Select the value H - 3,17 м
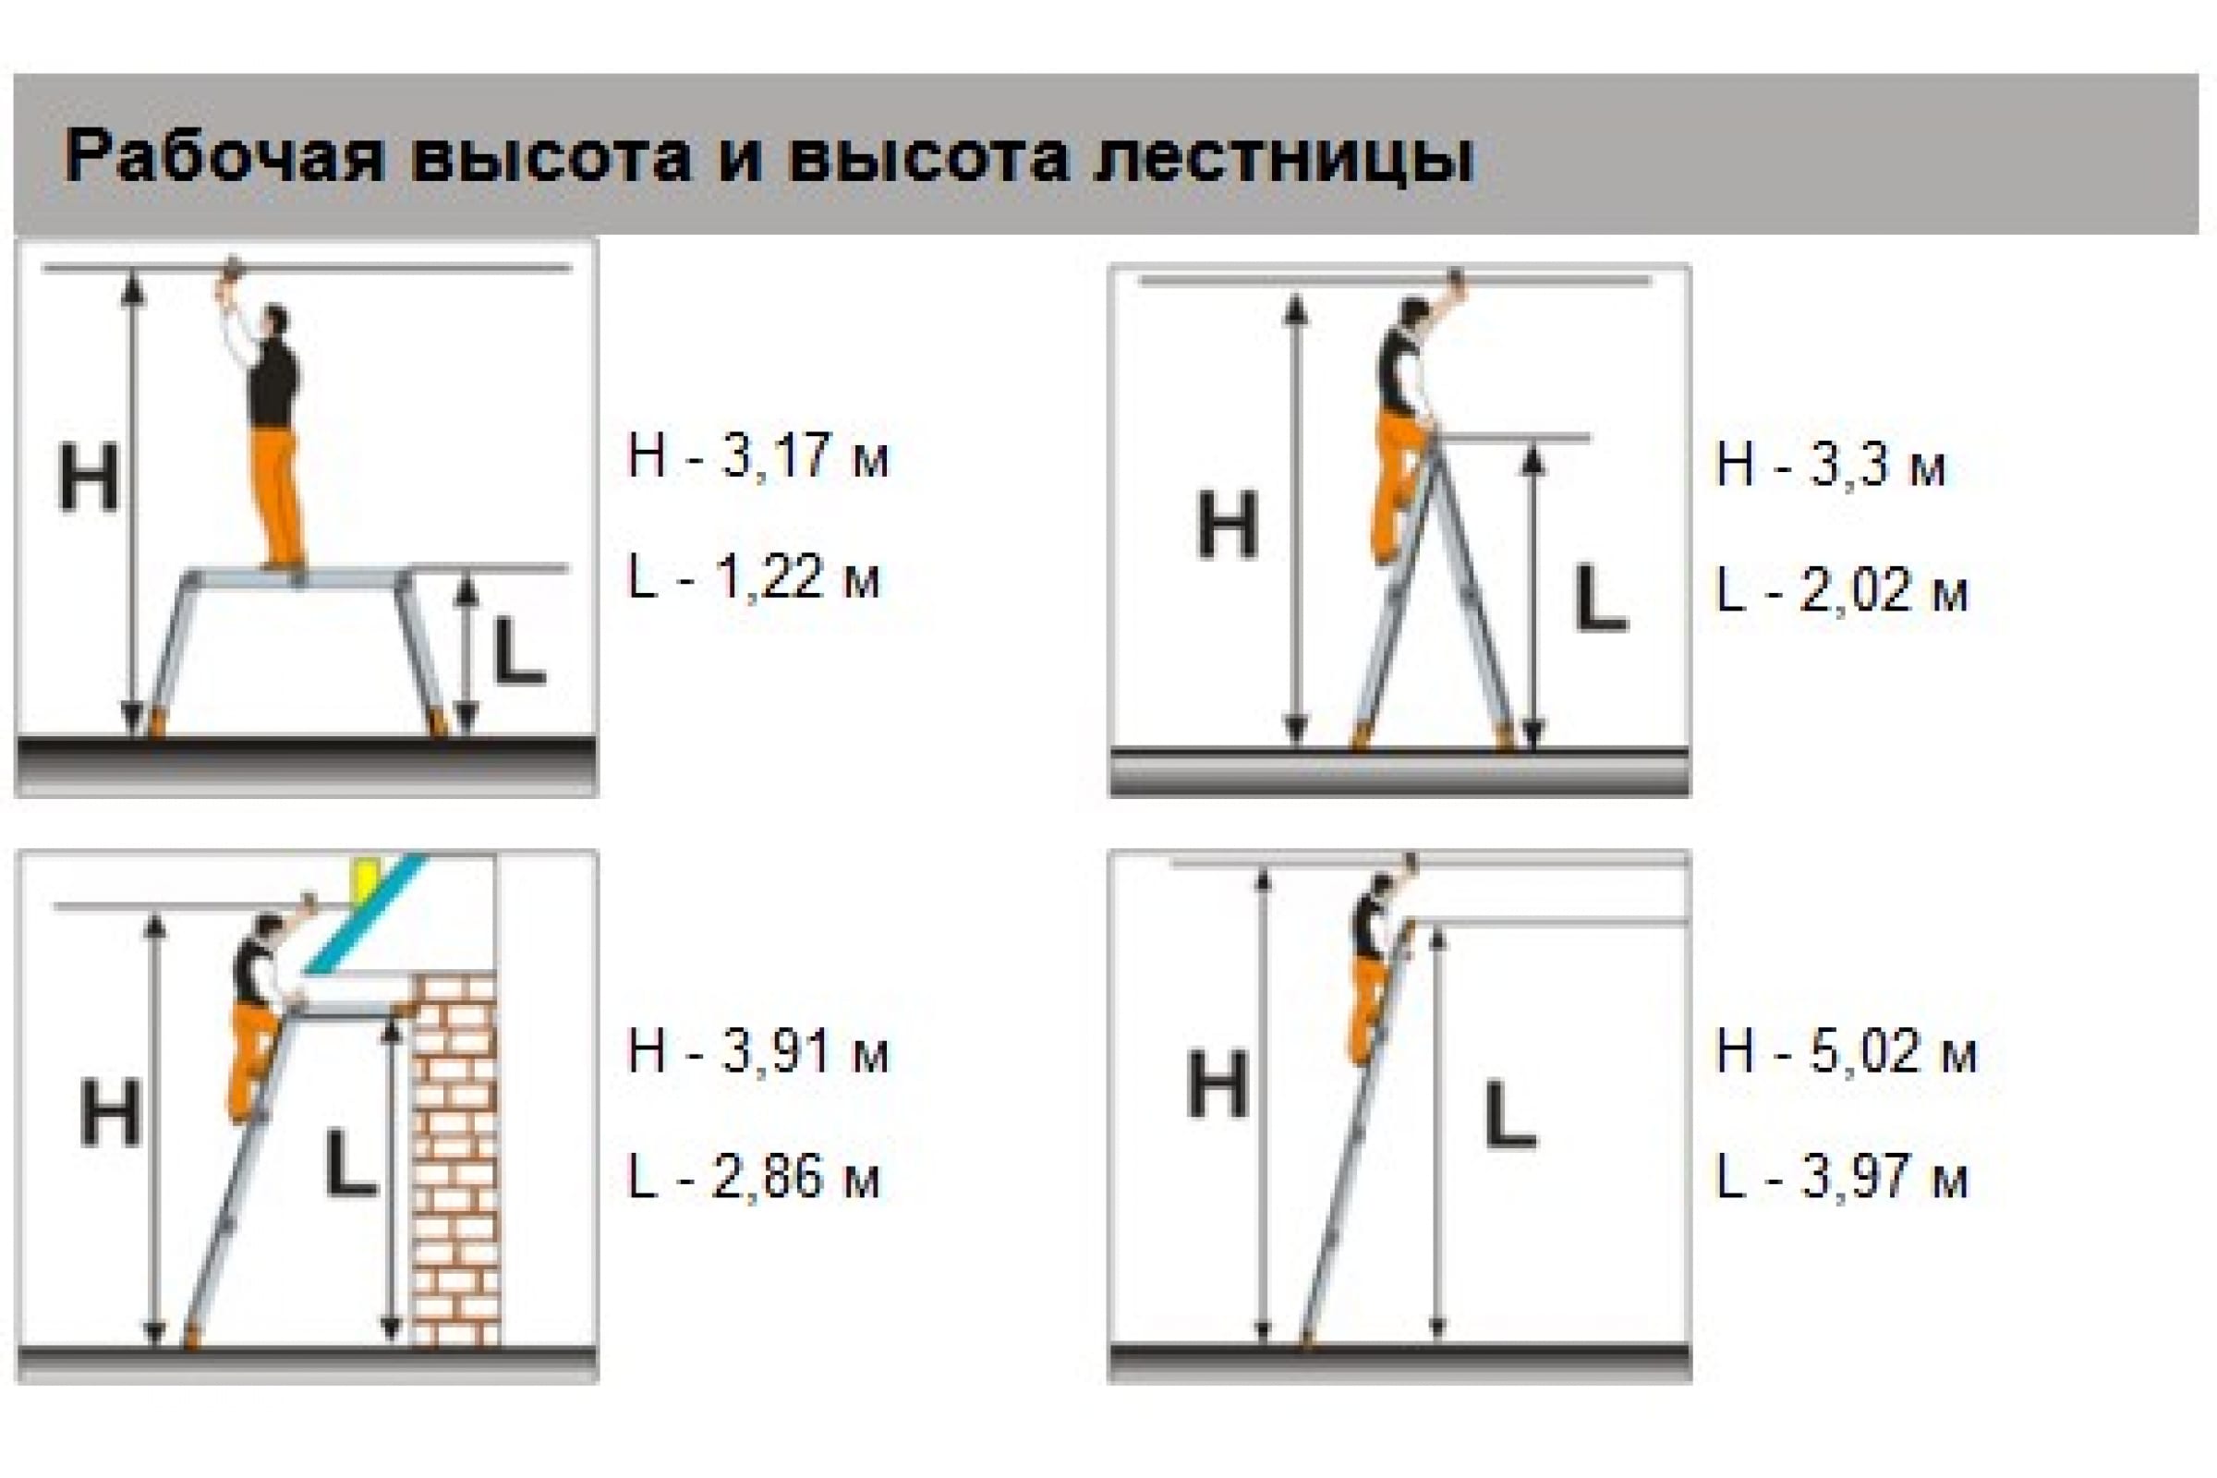point(758,456)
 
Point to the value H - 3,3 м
point(1832,466)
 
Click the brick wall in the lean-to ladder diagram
point(455,1158)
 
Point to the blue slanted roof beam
point(364,915)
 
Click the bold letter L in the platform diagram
point(519,649)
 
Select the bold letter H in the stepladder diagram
point(1228,524)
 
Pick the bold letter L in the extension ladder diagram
point(1509,1116)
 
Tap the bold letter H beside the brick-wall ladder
point(110,1113)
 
